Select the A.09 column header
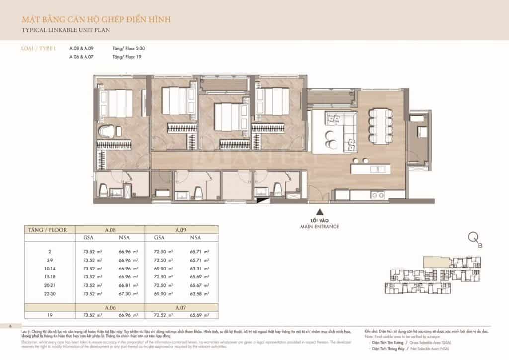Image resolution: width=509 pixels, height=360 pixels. pyautogui.click(x=180, y=230)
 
